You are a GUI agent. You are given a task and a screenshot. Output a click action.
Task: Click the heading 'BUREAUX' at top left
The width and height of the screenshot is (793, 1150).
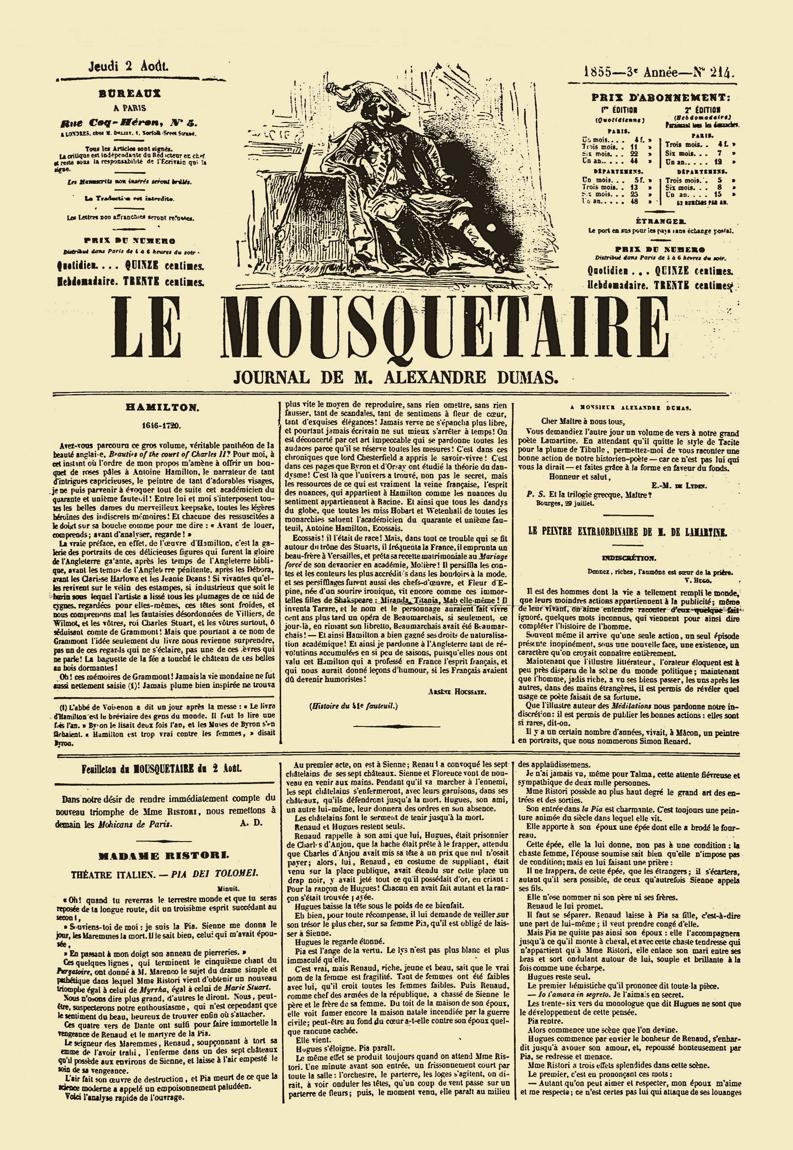click(x=130, y=92)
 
